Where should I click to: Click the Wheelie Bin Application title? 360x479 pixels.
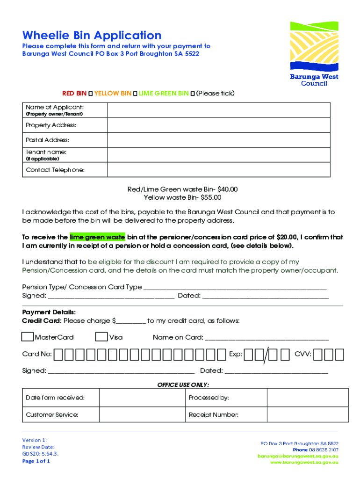tap(92, 35)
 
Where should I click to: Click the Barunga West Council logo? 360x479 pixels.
tap(314, 53)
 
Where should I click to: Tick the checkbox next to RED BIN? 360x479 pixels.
tap(90, 94)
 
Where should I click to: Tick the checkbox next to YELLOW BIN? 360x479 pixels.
tap(135, 94)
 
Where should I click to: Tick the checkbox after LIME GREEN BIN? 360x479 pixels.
tap(193, 94)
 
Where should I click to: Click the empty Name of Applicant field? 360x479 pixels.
tap(219, 110)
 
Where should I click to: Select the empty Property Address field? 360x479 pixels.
tap(219, 125)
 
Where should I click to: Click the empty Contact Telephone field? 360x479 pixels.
tap(219, 170)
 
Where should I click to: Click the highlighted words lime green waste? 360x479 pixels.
tap(97, 237)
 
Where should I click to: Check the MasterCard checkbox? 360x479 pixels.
tap(28, 337)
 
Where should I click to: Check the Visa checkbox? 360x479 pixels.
tap(101, 337)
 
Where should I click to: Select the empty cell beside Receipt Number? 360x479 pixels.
tap(307, 414)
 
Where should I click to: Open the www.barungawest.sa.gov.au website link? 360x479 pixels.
tap(304, 462)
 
